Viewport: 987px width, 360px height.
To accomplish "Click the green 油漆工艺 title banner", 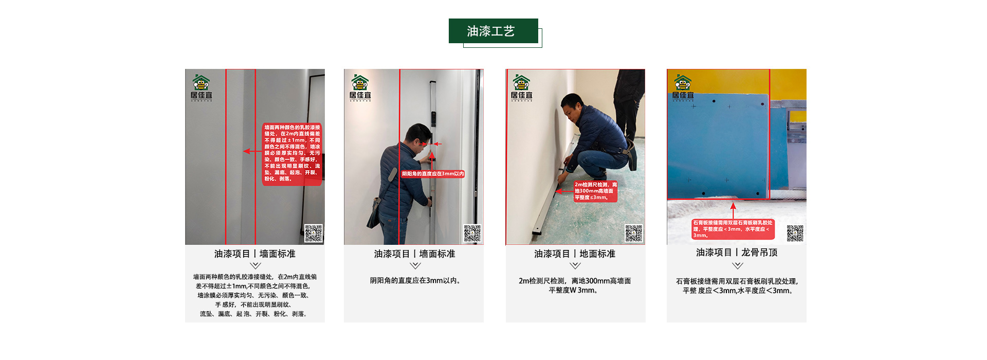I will tap(493, 31).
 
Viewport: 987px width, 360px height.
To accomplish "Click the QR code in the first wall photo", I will tap(314, 233).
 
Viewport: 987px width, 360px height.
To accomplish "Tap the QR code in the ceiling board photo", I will tap(795, 233).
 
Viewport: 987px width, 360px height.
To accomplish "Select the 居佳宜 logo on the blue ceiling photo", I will tap(683, 88).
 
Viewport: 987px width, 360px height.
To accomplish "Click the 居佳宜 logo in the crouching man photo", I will tap(521, 88).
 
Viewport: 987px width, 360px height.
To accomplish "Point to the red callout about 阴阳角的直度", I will tap(433, 174).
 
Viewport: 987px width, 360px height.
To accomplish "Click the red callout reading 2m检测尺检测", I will tap(595, 191).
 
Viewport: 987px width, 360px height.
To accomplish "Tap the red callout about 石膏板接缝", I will tap(733, 229).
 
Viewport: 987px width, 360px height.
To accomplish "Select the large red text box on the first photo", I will tap(292, 153).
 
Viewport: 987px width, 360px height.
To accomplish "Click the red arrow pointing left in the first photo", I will tap(252, 151).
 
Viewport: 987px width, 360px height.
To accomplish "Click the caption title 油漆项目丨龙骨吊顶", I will tap(737, 253).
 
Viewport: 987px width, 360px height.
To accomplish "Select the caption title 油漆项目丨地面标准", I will tap(575, 254).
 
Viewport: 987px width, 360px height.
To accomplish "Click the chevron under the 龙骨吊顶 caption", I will tap(738, 266).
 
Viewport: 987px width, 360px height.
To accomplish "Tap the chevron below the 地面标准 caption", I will tap(575, 266).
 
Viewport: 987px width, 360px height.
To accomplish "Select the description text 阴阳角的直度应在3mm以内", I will tap(415, 281).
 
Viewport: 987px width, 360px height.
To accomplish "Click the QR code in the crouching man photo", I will tap(633, 233).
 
